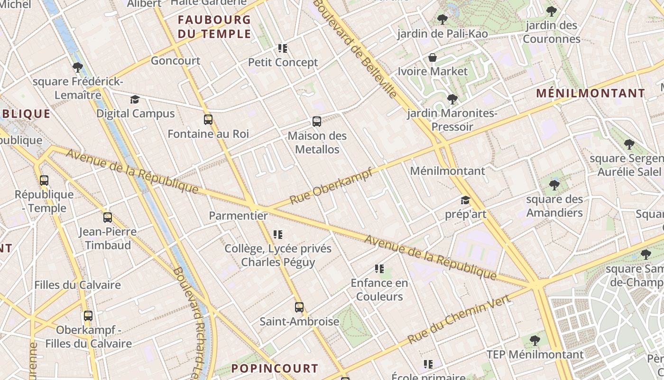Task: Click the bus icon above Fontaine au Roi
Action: point(208,119)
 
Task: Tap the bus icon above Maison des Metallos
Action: point(317,122)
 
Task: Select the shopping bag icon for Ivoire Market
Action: point(433,57)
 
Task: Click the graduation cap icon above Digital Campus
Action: point(135,99)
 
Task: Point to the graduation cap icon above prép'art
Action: point(465,200)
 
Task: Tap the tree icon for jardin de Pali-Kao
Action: point(443,19)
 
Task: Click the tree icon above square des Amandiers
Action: point(554,185)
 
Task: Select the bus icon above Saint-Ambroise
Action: point(299,307)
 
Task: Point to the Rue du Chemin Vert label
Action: point(459,319)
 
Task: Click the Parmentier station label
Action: point(238,216)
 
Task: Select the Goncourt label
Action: point(175,61)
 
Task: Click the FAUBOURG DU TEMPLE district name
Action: point(214,27)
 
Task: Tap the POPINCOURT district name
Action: point(275,368)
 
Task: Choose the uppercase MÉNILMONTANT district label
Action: point(590,93)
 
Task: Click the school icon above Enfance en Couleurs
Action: point(379,269)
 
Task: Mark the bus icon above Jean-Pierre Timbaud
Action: point(108,218)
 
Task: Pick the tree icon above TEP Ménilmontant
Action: point(535,340)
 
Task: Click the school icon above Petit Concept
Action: point(283,48)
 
